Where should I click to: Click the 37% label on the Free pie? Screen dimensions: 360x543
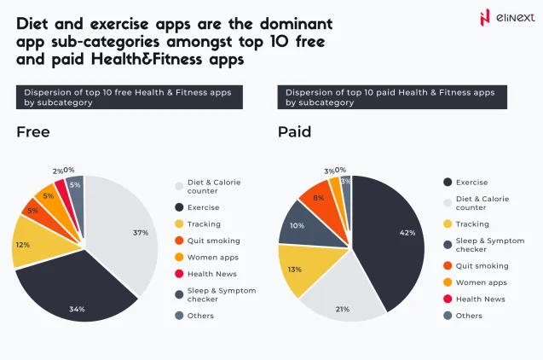pyautogui.click(x=141, y=233)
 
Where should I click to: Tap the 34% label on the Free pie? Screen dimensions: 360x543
pyautogui.click(x=78, y=308)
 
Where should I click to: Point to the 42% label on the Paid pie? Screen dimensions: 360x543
pyautogui.click(x=407, y=233)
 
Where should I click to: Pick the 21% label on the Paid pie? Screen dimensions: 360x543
pyautogui.click(x=342, y=308)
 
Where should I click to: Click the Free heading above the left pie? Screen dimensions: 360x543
pyautogui.click(x=33, y=132)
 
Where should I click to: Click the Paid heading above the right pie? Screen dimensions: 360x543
pyautogui.click(x=294, y=132)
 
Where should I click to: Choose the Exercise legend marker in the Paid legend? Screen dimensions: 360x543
pyautogui.click(x=448, y=182)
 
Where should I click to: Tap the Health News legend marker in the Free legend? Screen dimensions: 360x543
pyautogui.click(x=180, y=274)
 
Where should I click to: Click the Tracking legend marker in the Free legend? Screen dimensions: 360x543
pyautogui.click(x=180, y=224)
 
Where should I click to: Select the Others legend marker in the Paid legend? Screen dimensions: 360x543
pyautogui.click(x=448, y=316)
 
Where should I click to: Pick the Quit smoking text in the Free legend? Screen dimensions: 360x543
pyautogui.click(x=212, y=241)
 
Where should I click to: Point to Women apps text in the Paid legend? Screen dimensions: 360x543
pyautogui.click(x=481, y=282)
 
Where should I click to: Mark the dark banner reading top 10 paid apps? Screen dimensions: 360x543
pyautogui.click(x=391, y=97)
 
